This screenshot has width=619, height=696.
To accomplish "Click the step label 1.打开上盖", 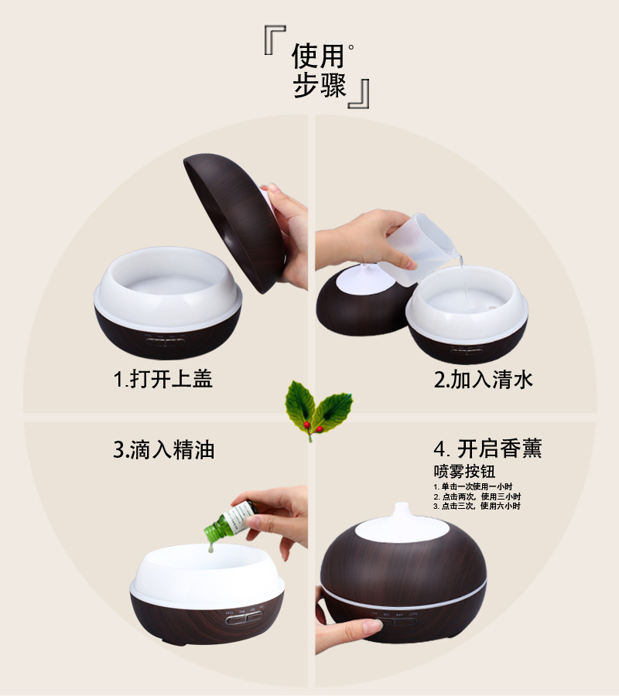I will (162, 379).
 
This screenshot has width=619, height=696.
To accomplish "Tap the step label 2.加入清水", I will (483, 379).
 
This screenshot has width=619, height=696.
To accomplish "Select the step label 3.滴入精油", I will (163, 449).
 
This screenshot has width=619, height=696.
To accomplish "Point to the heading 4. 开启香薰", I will (487, 449).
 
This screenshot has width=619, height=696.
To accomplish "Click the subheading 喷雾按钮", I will (464, 471).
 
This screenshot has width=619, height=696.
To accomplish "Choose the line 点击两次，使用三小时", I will (477, 496).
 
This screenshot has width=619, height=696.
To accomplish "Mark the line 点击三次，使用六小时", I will (477, 507).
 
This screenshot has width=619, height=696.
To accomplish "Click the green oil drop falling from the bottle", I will (209, 548).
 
